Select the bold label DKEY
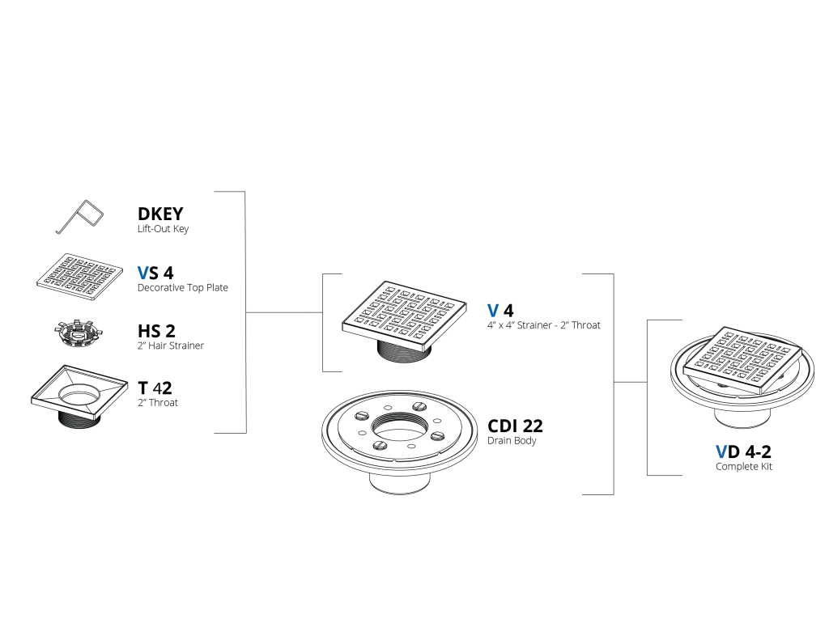tap(160, 214)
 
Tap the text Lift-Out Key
tap(163, 229)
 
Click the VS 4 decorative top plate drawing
tap(80, 276)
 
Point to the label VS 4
tap(155, 273)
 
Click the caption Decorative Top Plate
tap(182, 287)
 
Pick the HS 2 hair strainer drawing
tap(79, 333)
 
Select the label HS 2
tap(156, 331)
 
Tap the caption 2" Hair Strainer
tap(171, 345)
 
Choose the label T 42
tap(155, 388)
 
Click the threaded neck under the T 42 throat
tap(79, 419)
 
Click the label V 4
tap(500, 310)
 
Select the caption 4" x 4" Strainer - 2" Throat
tap(543, 325)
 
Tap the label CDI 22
tap(515, 426)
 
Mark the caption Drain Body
tap(512, 441)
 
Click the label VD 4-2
tap(743, 451)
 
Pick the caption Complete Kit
tap(744, 467)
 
